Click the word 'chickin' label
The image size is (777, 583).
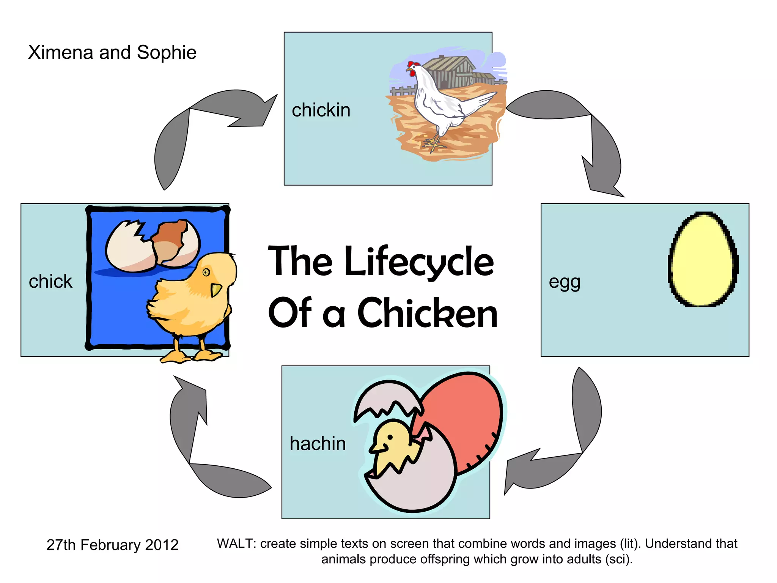(321, 110)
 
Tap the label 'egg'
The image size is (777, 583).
(564, 282)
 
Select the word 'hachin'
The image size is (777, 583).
(318, 443)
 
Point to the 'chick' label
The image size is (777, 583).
(50, 281)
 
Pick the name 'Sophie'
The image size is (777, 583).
(167, 52)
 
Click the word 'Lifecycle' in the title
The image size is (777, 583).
(419, 262)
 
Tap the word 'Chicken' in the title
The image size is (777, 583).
(427, 314)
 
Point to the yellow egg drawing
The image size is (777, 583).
(703, 259)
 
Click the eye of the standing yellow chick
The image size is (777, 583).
(206, 272)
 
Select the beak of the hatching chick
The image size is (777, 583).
(378, 449)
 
